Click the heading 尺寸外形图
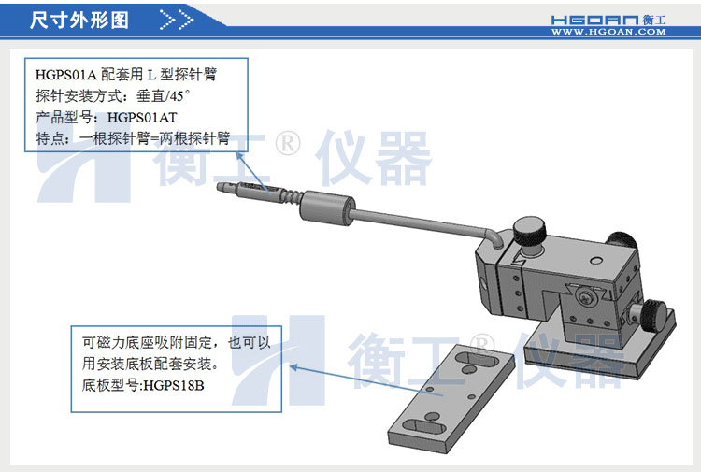click(79, 21)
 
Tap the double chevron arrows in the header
click(177, 21)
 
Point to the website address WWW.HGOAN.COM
click(608, 32)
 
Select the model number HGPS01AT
click(142, 118)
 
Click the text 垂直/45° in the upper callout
click(164, 95)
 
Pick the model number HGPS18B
click(174, 385)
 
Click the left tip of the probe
click(219, 187)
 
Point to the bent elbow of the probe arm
click(494, 236)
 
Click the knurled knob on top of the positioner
click(529, 232)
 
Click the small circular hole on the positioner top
click(595, 260)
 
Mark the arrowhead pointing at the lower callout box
click(293, 367)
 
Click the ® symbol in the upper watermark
click(288, 144)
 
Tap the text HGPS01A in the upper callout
click(66, 74)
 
